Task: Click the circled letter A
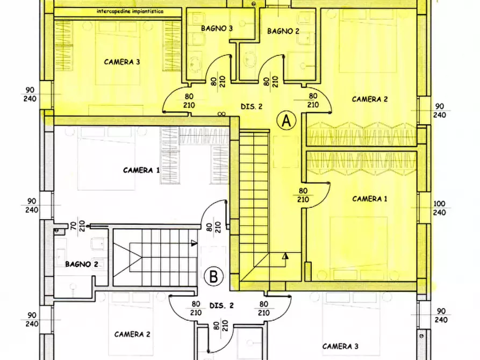(286, 121)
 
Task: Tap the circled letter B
(214, 278)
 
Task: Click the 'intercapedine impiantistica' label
(131, 11)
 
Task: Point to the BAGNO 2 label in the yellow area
(283, 31)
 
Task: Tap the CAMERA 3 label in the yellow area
(122, 62)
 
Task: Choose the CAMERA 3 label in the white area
(340, 346)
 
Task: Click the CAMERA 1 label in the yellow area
(370, 199)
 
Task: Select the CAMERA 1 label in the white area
(141, 170)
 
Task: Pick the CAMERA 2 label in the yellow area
(370, 99)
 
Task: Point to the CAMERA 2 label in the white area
(132, 334)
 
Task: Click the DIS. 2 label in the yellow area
(251, 106)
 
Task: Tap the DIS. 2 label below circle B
(221, 306)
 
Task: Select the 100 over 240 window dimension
(440, 208)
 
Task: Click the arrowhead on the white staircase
(192, 243)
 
